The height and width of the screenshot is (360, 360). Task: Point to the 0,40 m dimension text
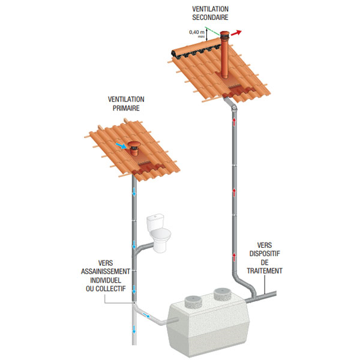click(197, 32)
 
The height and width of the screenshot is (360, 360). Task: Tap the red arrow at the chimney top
click(239, 32)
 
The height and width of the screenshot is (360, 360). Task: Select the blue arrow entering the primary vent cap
click(122, 146)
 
